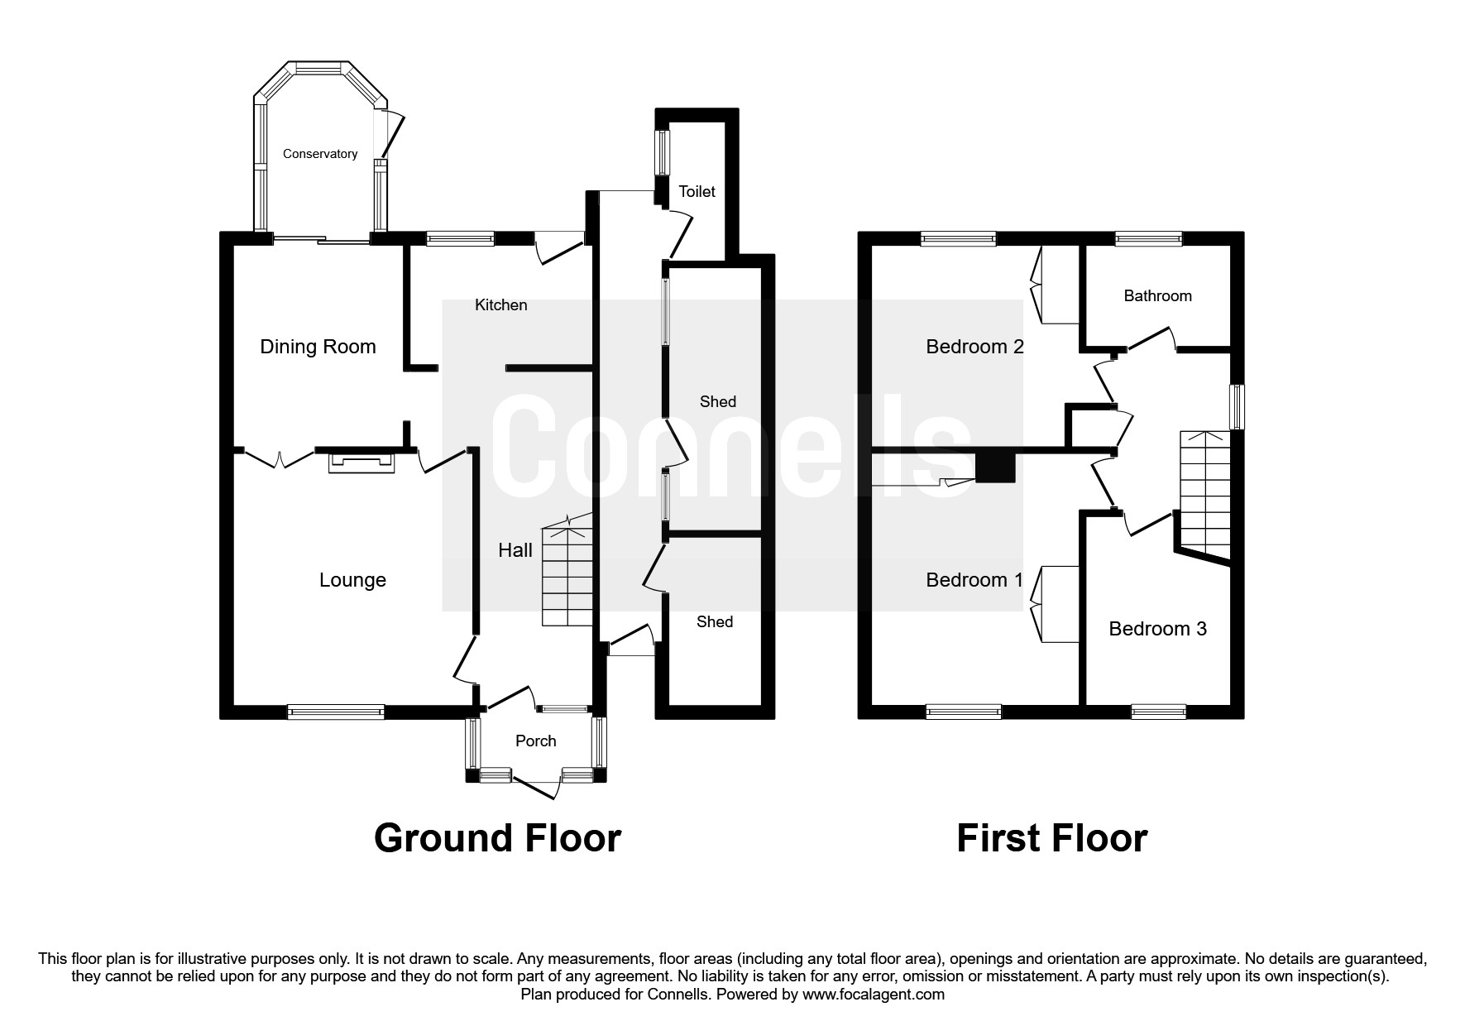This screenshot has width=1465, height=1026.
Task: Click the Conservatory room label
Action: tap(319, 154)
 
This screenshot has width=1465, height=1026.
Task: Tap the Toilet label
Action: tap(697, 191)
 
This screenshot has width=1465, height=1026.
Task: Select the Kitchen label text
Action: tap(500, 304)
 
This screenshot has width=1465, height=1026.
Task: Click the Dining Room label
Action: tap(318, 347)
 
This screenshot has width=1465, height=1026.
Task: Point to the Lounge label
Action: tap(352, 580)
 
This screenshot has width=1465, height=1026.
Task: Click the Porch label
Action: tap(535, 741)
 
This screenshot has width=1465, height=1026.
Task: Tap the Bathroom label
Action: tap(1157, 295)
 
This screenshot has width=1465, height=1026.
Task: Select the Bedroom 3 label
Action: tap(1156, 629)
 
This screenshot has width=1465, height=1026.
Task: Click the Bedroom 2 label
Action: tap(974, 347)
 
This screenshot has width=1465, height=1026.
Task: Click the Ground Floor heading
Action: tap(497, 838)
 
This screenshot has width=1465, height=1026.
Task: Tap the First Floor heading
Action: tap(1051, 838)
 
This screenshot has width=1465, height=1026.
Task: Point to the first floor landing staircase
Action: tap(1204, 496)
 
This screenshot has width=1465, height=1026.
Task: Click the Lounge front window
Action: tap(336, 712)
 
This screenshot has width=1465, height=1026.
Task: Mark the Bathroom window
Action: tap(1148, 239)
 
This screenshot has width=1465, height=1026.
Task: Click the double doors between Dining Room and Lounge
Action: tap(280, 457)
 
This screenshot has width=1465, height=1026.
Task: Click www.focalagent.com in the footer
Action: tap(873, 995)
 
